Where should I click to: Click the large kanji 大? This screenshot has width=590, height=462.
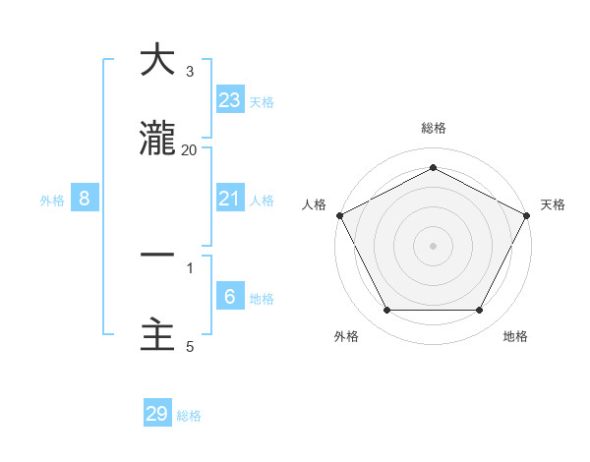[x=157, y=61]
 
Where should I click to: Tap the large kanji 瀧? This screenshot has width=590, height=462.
[x=157, y=142]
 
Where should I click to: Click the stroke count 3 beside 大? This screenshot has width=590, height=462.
[x=190, y=72]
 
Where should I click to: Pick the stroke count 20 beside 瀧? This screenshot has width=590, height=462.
[x=189, y=149]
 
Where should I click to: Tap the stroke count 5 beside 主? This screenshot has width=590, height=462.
[x=190, y=346]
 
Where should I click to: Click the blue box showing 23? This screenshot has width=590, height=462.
[x=229, y=100]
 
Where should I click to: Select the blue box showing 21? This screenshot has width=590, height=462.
[x=229, y=199]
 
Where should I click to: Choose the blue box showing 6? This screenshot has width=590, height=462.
[x=229, y=297]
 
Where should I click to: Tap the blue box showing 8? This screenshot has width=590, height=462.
[x=85, y=199]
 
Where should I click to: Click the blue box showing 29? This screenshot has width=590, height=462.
[x=157, y=414]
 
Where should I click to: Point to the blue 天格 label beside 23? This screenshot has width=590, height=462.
[x=262, y=101]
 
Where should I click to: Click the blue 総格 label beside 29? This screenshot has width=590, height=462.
[x=189, y=416]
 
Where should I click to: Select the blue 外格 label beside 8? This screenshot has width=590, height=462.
[x=52, y=201]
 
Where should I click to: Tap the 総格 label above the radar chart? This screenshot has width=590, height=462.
[x=433, y=128]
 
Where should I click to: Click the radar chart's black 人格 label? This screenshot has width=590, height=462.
[x=315, y=203]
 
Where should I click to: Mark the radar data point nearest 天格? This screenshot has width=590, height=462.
[x=528, y=214]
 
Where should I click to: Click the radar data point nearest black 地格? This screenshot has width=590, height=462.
[x=480, y=310]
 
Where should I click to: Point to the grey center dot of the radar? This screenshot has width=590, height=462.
[x=433, y=245]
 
